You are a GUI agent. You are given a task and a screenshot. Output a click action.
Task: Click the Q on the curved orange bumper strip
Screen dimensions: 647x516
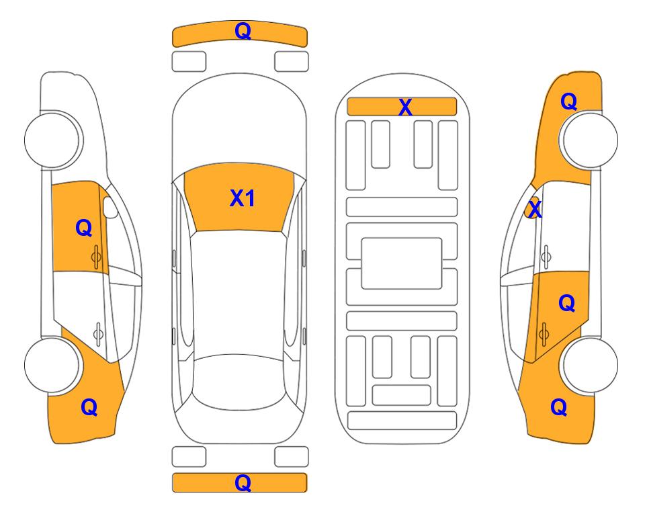tap(243, 31)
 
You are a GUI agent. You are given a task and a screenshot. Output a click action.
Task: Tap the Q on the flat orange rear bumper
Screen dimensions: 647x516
tap(243, 482)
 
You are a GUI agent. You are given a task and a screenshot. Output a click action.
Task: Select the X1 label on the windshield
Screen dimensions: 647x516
tap(243, 198)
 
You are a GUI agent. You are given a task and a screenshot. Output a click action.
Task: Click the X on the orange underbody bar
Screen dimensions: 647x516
tap(405, 107)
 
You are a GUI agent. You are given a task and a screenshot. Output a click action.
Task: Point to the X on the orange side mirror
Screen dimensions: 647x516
tap(535, 209)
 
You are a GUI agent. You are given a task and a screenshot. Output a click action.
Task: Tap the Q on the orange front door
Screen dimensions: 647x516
tap(84, 228)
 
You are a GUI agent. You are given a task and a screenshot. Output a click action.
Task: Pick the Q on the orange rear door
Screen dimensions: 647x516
tap(566, 304)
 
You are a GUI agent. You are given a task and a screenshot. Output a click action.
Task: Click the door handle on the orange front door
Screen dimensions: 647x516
tap(97, 257)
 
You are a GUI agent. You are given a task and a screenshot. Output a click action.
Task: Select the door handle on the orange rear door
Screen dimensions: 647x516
tap(544, 334)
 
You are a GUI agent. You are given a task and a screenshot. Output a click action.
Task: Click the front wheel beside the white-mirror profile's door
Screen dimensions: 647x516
tap(53, 140)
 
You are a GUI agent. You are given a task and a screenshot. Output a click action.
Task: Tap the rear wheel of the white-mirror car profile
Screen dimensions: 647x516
tap(53, 365)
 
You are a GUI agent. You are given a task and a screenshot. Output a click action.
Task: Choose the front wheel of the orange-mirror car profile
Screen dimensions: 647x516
tap(589, 140)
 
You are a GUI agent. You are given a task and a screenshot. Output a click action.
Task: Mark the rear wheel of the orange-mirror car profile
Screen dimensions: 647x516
tap(589, 365)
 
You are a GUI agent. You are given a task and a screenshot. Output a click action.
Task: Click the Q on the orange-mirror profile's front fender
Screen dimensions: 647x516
tap(568, 101)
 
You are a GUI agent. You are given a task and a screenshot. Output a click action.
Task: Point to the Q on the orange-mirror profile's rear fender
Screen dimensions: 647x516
tap(559, 407)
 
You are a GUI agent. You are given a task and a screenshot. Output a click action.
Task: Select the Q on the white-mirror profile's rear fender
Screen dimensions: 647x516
tap(89, 408)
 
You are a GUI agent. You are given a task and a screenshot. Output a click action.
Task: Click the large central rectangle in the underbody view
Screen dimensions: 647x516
tap(402, 263)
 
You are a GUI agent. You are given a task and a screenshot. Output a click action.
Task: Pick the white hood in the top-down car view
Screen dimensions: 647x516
tap(239, 124)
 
